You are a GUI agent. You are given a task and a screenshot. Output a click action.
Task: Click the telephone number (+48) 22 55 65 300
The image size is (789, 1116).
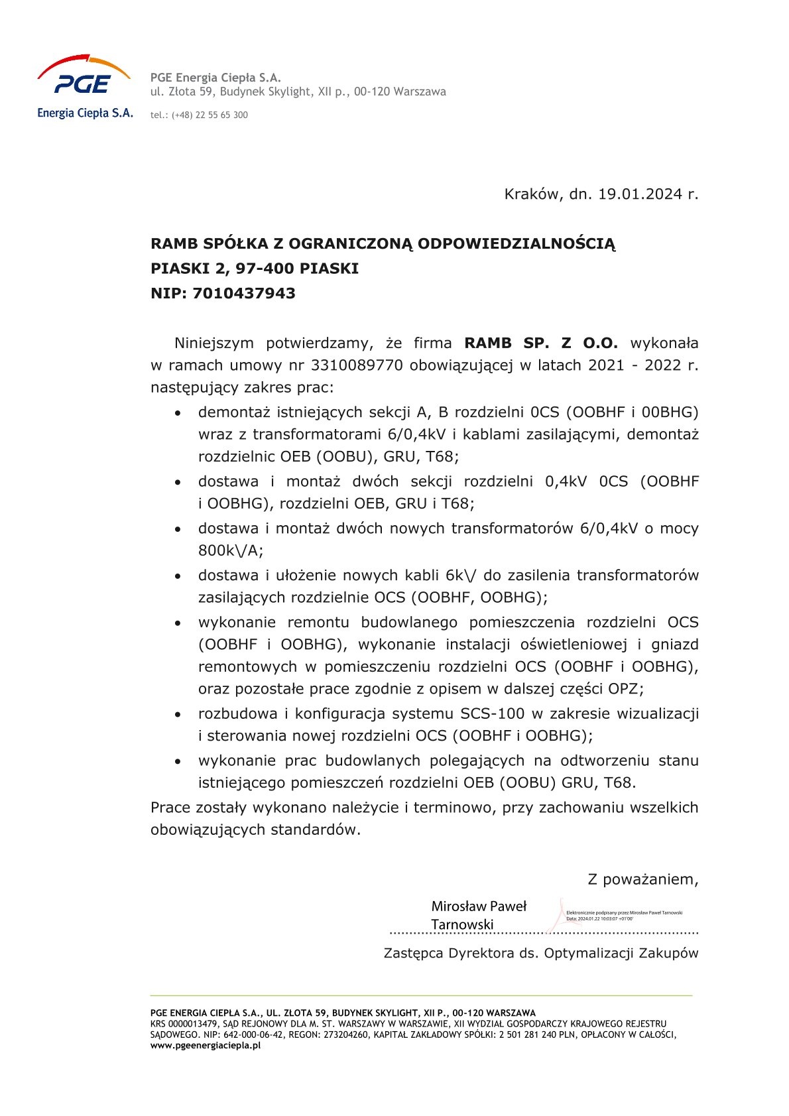[210, 115]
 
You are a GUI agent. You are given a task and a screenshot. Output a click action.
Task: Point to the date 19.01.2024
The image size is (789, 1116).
[640, 194]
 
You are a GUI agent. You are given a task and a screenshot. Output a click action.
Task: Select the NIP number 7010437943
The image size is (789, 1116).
[244, 294]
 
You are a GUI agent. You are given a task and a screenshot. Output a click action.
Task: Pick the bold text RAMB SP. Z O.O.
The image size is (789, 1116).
[541, 343]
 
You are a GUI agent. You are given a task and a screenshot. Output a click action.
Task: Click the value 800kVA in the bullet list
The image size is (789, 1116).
[230, 551]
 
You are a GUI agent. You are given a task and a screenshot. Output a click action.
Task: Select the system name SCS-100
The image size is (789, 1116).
[492, 714]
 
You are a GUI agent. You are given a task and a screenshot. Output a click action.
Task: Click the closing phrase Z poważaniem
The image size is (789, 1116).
[642, 880]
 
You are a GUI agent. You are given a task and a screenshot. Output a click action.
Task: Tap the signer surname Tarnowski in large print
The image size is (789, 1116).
[462, 925]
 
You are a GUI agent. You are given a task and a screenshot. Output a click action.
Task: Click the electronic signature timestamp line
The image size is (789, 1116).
[600, 919]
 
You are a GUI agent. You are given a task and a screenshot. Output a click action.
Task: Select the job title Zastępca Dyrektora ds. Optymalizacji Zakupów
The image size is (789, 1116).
[541, 954]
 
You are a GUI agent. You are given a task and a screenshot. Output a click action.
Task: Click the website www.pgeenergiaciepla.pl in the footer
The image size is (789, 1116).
[206, 1046]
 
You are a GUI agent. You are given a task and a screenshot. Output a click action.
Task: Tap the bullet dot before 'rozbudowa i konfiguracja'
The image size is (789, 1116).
[178, 715]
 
